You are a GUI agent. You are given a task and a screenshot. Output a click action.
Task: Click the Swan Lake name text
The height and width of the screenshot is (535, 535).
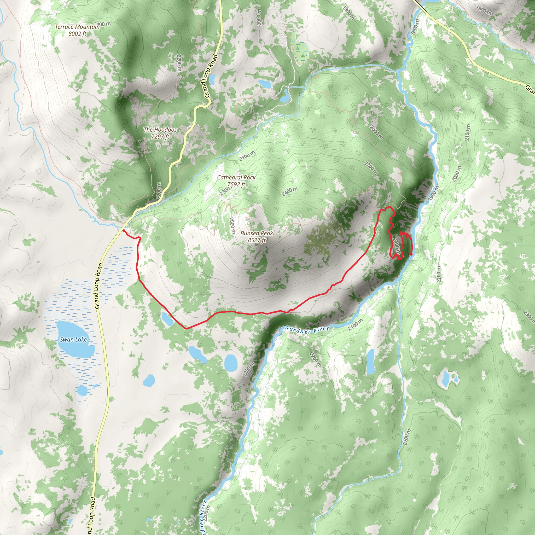click(x=73, y=340)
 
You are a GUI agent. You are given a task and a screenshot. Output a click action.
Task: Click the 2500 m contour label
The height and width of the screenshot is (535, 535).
click(x=232, y=225)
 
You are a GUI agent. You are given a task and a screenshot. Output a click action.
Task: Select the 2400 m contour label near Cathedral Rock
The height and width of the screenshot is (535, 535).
click(x=290, y=191)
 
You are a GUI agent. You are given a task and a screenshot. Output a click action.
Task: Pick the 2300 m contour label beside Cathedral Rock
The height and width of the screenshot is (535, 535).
click(x=225, y=191)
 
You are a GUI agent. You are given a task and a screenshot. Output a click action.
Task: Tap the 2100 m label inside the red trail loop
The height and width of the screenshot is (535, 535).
click(x=397, y=246)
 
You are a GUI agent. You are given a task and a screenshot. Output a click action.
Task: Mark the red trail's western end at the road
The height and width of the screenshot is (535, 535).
click(x=123, y=230)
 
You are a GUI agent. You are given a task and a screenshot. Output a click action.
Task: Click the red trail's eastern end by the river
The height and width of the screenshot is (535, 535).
click(x=411, y=254)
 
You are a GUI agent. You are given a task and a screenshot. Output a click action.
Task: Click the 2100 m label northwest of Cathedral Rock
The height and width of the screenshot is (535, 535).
click(x=247, y=156)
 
